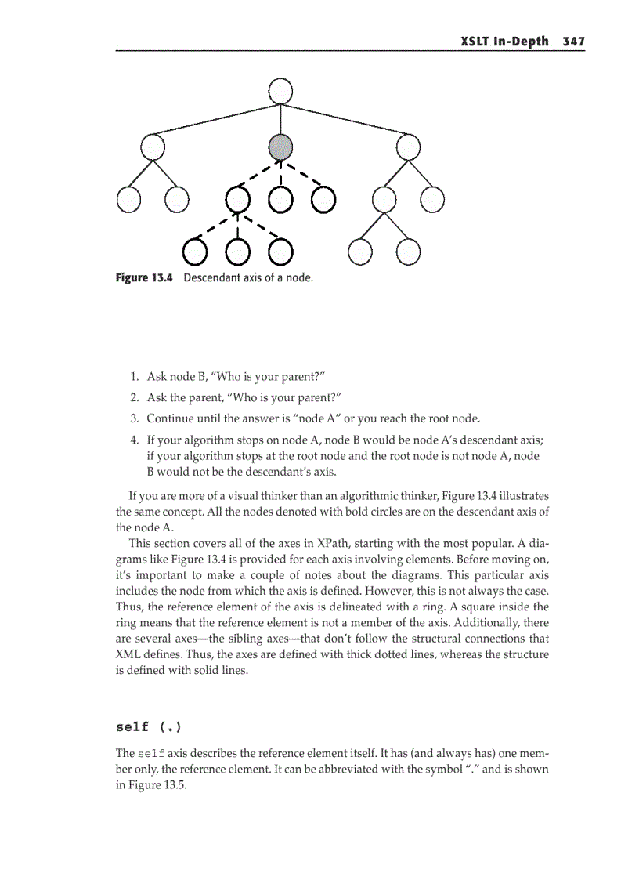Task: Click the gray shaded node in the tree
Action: [x=280, y=146]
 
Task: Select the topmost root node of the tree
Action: [x=280, y=91]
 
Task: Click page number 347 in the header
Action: [x=573, y=42]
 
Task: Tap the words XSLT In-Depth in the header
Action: [x=505, y=42]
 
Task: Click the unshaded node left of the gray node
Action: [x=153, y=146]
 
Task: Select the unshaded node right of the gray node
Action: [x=408, y=146]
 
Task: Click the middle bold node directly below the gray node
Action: [x=280, y=200]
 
